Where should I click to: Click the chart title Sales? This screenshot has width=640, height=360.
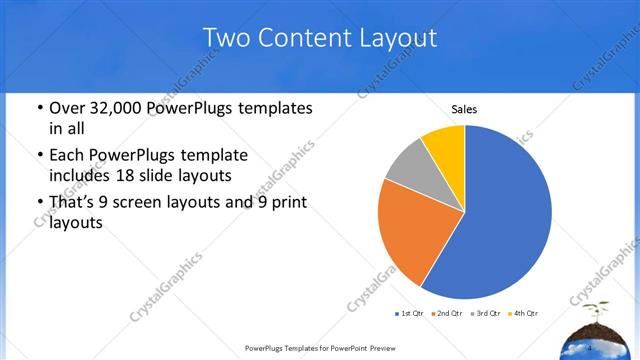click(x=465, y=108)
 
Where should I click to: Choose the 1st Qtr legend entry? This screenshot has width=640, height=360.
click(x=411, y=314)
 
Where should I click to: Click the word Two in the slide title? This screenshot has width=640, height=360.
click(x=226, y=38)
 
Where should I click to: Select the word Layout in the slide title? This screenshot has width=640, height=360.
click(x=403, y=38)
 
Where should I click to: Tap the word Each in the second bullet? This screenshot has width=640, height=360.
click(x=67, y=156)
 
